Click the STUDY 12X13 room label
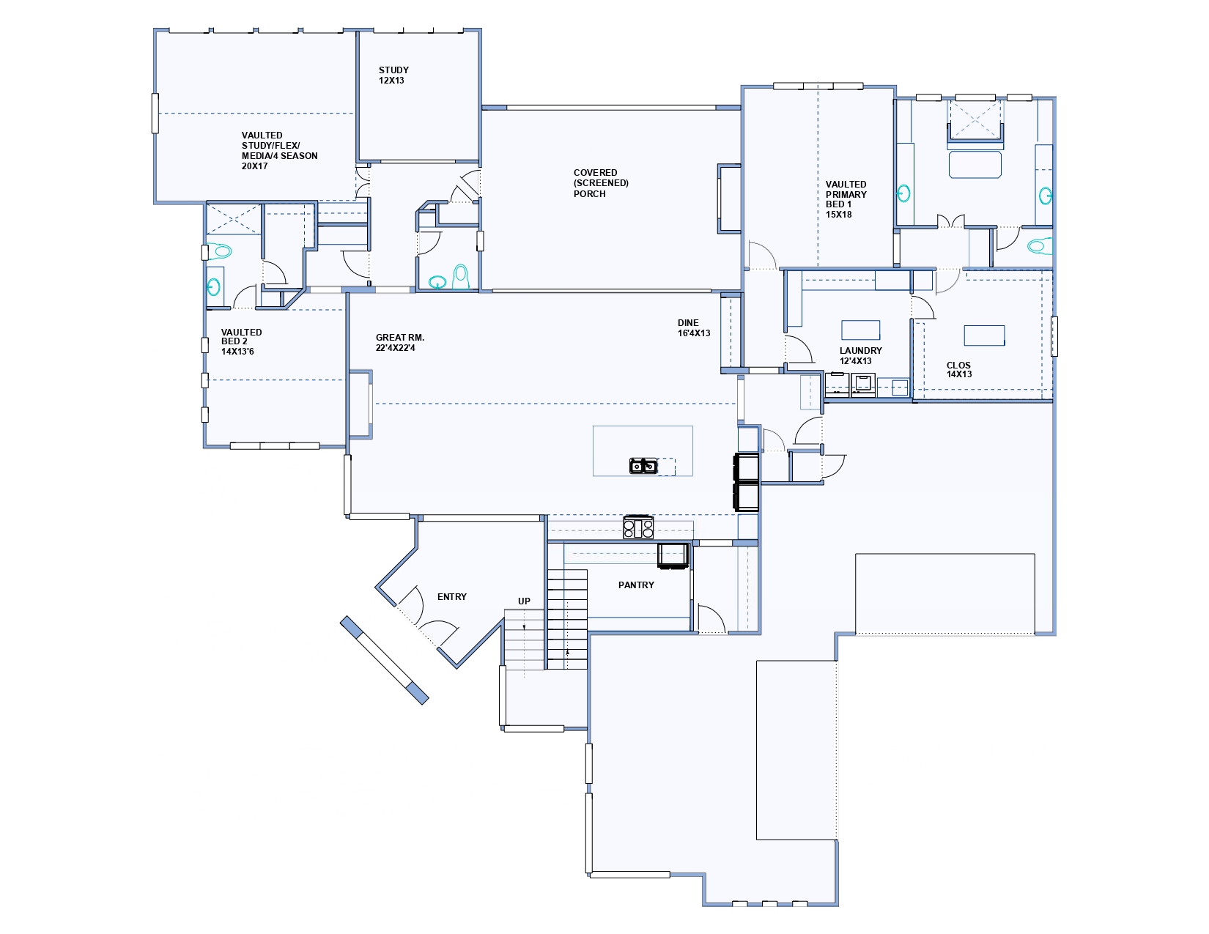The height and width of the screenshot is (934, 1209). tap(393, 75)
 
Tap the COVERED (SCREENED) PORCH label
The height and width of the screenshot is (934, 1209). tap(601, 183)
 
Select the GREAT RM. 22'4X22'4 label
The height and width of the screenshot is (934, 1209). tap(399, 343)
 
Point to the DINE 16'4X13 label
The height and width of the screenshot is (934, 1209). tap(694, 328)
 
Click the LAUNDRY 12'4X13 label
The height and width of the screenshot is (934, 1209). tap(861, 355)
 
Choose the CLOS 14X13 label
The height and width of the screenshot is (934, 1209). tap(959, 370)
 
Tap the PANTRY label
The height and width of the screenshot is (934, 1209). tap(636, 585)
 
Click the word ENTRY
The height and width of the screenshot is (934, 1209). tap(452, 597)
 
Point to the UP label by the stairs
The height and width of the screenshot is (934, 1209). tap(524, 601)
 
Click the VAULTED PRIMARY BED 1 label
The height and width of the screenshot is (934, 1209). tap(846, 199)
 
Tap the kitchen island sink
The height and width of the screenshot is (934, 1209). tap(643, 466)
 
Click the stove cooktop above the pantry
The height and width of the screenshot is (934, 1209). tap(638, 527)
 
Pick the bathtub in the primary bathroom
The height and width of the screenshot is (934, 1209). tap(975, 164)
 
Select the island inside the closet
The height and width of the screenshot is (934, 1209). tap(984, 336)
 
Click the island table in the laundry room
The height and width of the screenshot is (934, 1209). tap(861, 330)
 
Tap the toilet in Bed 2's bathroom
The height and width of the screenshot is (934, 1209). tap(220, 251)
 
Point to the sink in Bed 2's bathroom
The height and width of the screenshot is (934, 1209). tap(214, 287)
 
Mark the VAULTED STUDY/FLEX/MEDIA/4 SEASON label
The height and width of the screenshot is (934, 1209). tap(279, 151)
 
